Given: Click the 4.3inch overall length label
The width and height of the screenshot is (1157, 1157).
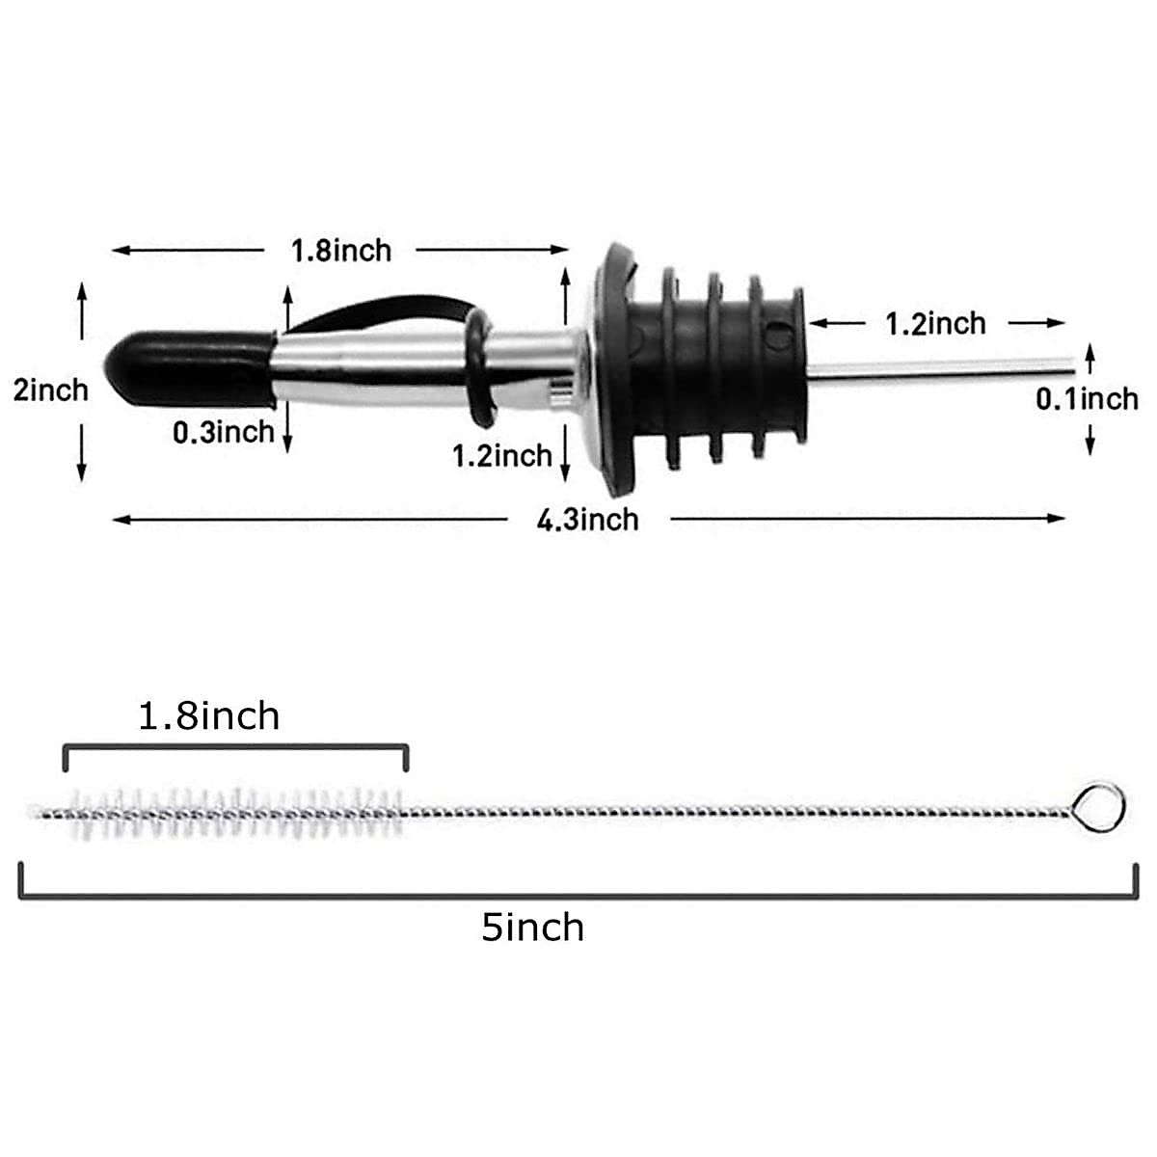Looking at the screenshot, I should [588, 520].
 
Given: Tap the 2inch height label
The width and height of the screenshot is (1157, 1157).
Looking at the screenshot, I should [50, 390].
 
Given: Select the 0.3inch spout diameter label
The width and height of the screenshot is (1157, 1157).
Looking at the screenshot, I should [224, 432].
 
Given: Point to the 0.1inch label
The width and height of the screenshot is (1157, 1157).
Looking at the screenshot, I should [1087, 398].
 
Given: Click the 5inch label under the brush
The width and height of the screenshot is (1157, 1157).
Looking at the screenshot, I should [533, 928].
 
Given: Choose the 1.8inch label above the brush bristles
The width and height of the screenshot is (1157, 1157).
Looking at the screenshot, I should [209, 716].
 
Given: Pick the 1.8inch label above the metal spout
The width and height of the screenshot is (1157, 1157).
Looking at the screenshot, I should [341, 251].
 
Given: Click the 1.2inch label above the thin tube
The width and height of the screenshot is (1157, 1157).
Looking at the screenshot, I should [935, 323].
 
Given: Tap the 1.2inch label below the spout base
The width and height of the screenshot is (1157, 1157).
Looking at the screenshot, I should [502, 454].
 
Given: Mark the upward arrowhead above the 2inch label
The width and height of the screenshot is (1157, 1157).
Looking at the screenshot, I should [82, 290].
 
